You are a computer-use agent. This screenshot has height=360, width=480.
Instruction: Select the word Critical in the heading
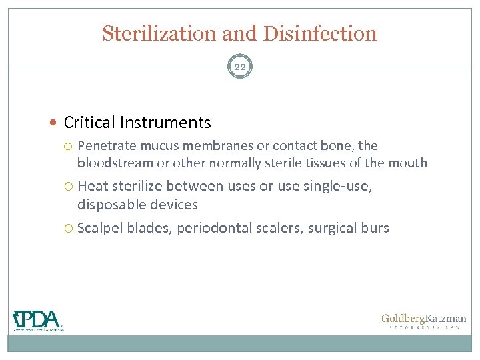click(x=89, y=123)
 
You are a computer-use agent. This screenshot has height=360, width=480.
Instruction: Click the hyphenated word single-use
click(x=337, y=187)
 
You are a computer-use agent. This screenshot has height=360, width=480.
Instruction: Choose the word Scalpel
click(x=100, y=229)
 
